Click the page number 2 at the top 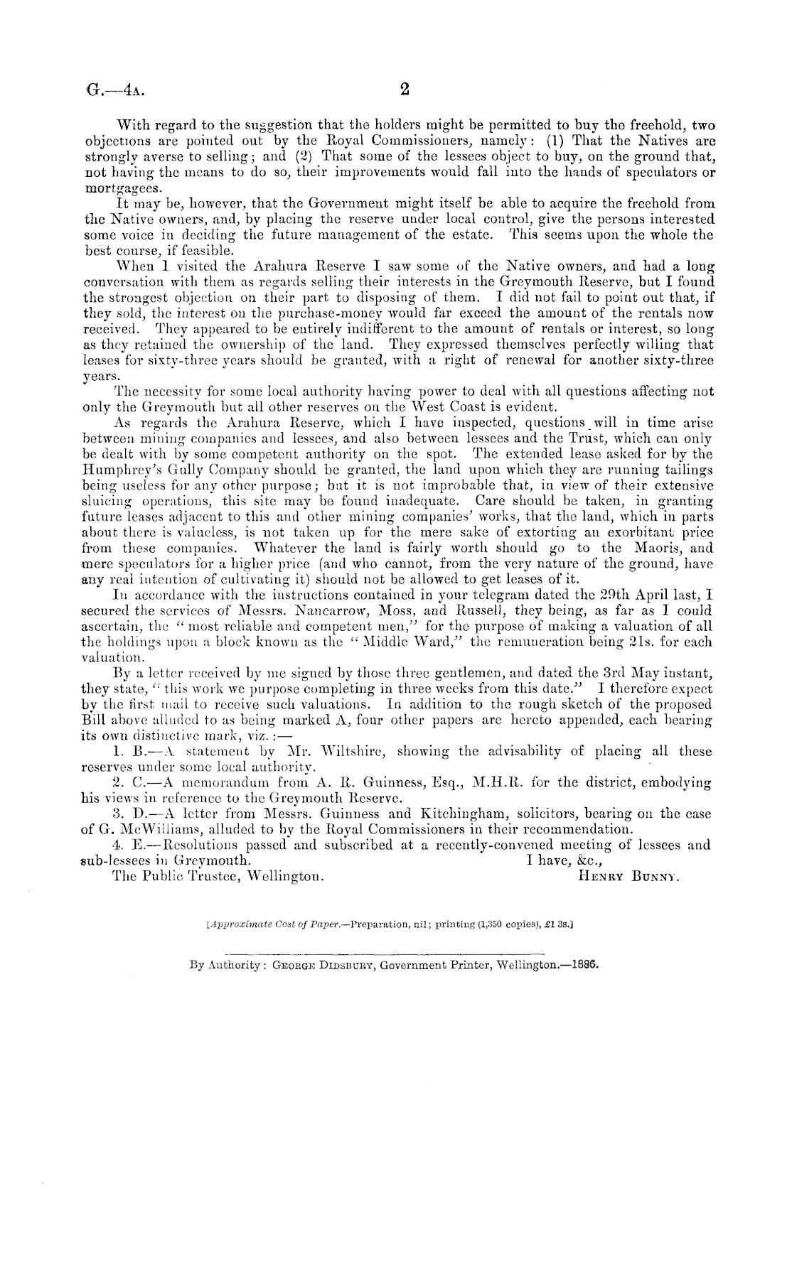(x=405, y=90)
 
